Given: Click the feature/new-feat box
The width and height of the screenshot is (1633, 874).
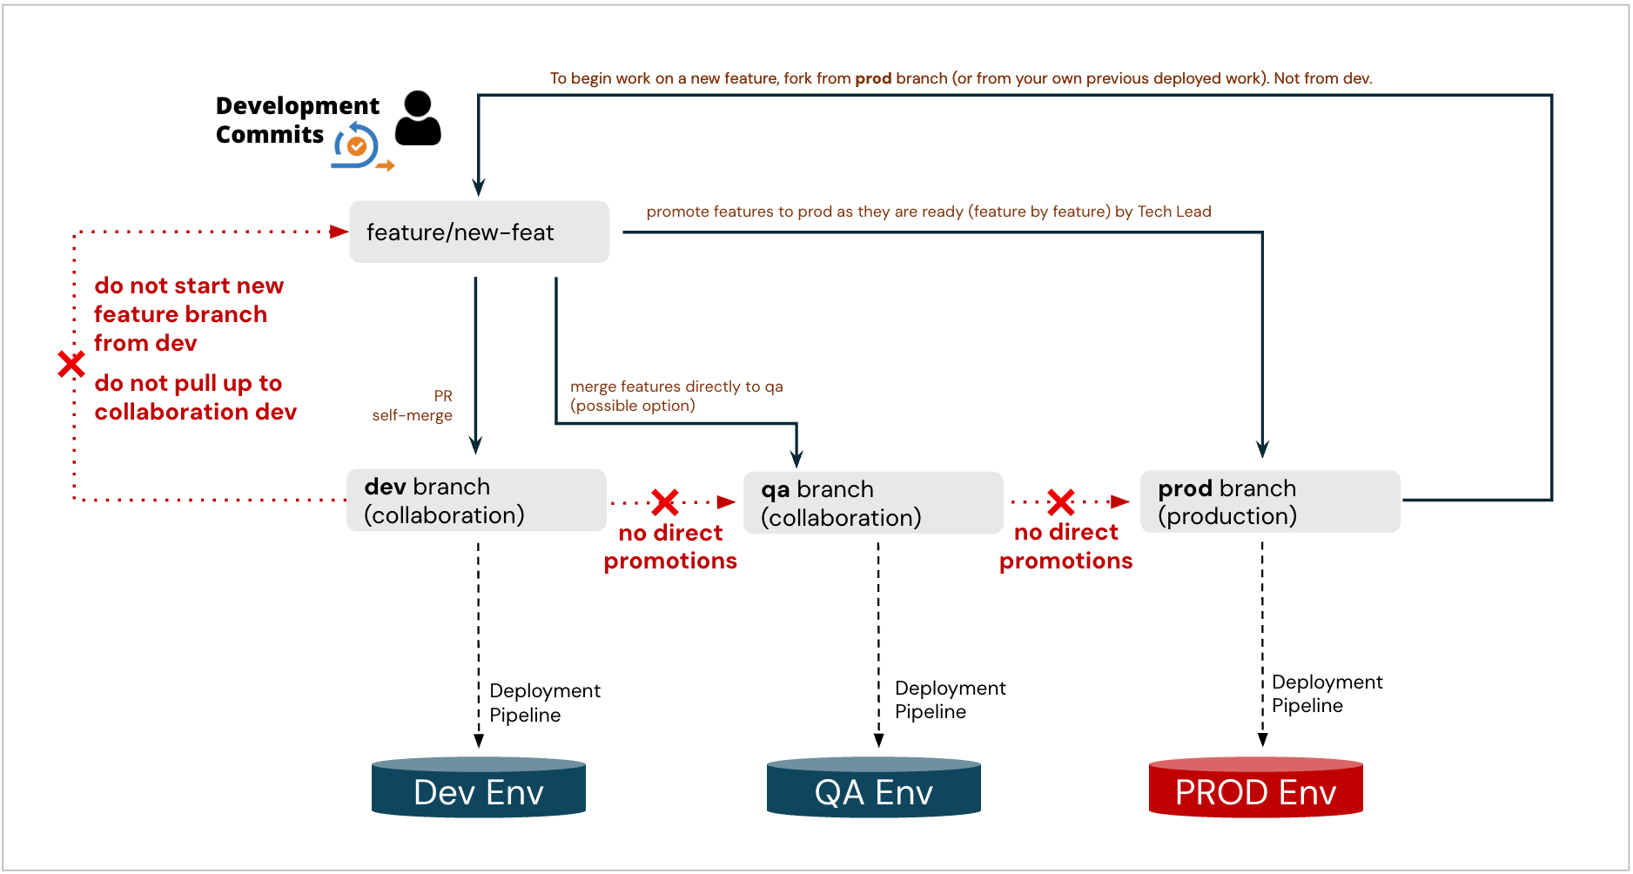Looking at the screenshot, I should point(479,232).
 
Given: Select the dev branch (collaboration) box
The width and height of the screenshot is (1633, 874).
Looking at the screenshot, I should point(476,501).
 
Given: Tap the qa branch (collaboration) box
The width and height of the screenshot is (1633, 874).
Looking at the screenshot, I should point(873,503).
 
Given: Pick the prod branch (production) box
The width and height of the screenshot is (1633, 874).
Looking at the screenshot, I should point(1270,501).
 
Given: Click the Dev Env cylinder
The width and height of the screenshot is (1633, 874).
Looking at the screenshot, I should point(478,788).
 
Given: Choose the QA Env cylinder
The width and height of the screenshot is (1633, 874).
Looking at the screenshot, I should point(873,788).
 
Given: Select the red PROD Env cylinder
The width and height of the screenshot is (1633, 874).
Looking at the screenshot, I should point(1255,788).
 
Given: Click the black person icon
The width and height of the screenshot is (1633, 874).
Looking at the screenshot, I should point(418,118).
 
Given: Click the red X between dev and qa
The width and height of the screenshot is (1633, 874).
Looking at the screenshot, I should point(665,501).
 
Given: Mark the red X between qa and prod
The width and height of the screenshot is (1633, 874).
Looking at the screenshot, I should point(1061,501).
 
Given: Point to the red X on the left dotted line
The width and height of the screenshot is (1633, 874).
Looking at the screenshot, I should point(71,364).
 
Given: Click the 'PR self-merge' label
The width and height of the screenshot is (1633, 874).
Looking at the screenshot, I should point(413,406).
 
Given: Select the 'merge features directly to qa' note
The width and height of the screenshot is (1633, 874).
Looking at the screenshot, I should point(676,396).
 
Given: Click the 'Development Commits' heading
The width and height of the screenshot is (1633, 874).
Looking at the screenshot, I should point(296,120).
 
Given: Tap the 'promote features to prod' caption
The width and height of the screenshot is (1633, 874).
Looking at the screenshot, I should point(928,212).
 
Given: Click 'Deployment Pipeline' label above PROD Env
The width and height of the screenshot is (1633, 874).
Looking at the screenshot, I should point(1326,694).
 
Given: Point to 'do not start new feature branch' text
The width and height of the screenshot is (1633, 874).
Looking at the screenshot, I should point(188,314).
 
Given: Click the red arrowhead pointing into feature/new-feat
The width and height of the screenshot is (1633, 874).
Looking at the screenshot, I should point(339,232).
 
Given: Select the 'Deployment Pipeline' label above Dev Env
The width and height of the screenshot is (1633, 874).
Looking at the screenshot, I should point(544,703).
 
